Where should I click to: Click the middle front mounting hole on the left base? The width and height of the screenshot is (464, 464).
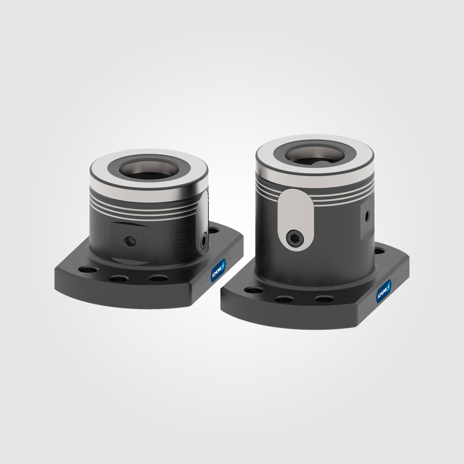click(x=119, y=278)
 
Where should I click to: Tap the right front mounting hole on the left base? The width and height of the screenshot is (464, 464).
click(x=159, y=278)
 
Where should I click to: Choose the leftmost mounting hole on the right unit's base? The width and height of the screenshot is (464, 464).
click(x=253, y=291)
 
